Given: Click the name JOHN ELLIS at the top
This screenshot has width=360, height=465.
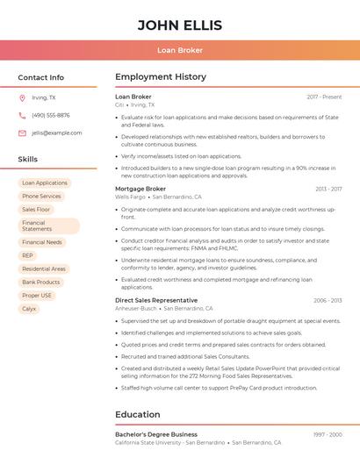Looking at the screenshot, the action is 180,25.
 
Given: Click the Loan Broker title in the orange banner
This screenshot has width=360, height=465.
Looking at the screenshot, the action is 180,50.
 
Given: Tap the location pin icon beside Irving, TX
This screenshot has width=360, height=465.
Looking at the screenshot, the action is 22,97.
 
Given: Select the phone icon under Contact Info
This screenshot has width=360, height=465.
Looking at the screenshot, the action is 22,115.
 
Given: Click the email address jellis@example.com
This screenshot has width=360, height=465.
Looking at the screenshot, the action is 57,132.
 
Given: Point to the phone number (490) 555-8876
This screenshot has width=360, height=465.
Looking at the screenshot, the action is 51,115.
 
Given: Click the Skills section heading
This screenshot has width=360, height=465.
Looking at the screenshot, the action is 28,159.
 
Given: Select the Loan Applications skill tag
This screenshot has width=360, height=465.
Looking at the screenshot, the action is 45,183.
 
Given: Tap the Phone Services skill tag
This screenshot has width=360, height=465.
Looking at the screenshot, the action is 41,197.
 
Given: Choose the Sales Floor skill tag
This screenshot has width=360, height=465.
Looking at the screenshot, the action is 36,210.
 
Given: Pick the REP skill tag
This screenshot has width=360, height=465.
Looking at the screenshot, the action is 27,255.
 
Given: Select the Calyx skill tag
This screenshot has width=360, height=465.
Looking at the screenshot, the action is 29,309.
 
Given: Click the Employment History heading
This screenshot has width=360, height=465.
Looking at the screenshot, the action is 160,77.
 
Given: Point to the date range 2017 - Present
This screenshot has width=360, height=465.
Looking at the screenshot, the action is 324,97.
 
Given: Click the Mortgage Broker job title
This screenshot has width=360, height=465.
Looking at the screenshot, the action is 140,189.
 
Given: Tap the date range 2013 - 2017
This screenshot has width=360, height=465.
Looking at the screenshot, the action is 328,189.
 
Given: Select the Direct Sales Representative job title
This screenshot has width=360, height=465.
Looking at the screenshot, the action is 156,300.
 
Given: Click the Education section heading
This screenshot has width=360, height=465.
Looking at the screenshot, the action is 137,414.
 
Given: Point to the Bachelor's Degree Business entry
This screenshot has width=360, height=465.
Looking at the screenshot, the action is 156,434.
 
